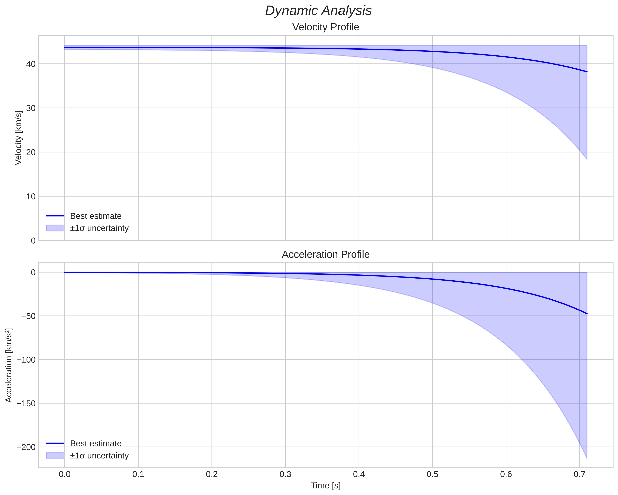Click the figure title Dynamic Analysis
pyautogui.click(x=318, y=11)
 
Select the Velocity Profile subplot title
pyautogui.click(x=326, y=27)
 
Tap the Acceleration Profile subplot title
pyautogui.click(x=326, y=254)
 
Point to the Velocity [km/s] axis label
pyautogui.click(x=18, y=138)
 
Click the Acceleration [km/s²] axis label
pyautogui.click(x=9, y=365)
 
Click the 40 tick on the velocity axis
pyautogui.click(x=31, y=64)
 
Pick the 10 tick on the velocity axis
pyautogui.click(x=31, y=196)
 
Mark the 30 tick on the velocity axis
pyautogui.click(x=31, y=108)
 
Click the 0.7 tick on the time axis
pyautogui.click(x=580, y=474)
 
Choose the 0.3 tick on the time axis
pyautogui.click(x=285, y=474)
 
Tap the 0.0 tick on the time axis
pyautogui.click(x=65, y=474)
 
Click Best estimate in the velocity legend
pyautogui.click(x=96, y=216)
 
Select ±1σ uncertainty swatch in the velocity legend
pyautogui.click(x=55, y=228)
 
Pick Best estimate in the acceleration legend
pyautogui.click(x=96, y=444)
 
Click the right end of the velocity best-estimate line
pyautogui.click(x=587, y=72)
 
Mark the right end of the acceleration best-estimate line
pyautogui.click(x=587, y=314)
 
